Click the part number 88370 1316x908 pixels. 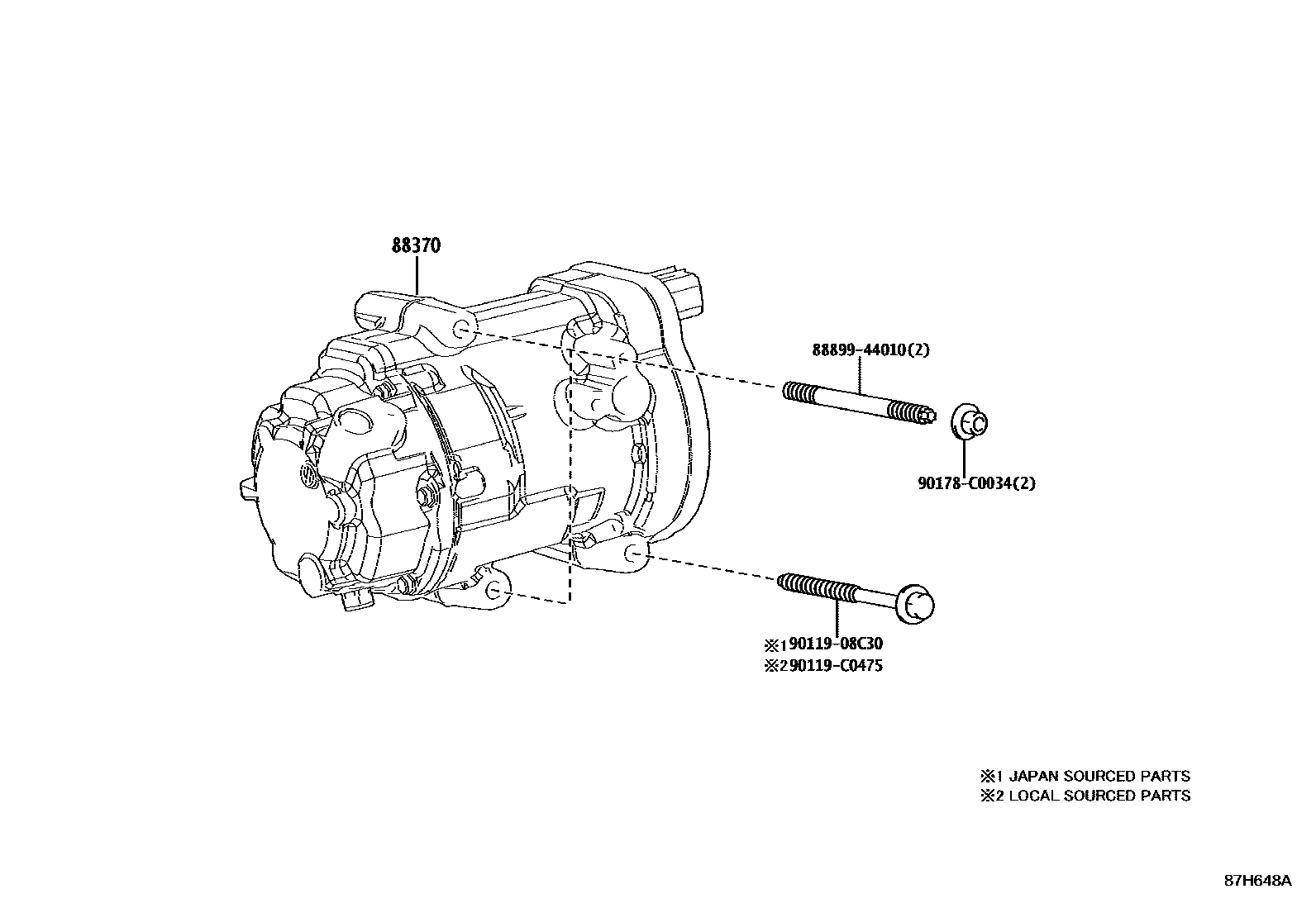click(x=416, y=245)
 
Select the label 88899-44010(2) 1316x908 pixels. click(x=870, y=349)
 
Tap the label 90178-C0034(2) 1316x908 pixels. click(x=975, y=483)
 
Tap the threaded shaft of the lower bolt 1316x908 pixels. click(x=818, y=590)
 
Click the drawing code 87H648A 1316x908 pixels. click(x=1257, y=881)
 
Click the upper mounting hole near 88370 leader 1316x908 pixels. click(x=462, y=331)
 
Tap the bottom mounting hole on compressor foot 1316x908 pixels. click(x=494, y=591)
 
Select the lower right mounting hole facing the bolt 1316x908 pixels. click(x=636, y=554)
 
